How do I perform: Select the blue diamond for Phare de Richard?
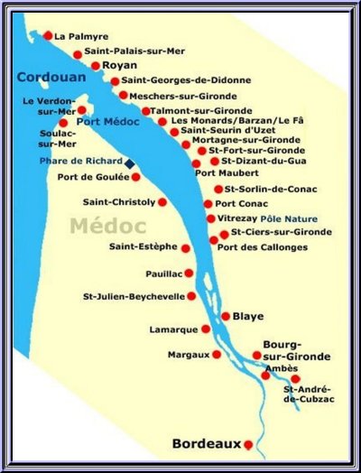pos(129,162)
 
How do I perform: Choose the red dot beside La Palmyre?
pos(48,36)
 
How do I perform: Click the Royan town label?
pos(118,66)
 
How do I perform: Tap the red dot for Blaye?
pos(225,316)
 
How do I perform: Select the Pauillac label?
pos(163,273)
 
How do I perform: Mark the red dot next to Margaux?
pos(216,355)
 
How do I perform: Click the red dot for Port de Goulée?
pos(135,177)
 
